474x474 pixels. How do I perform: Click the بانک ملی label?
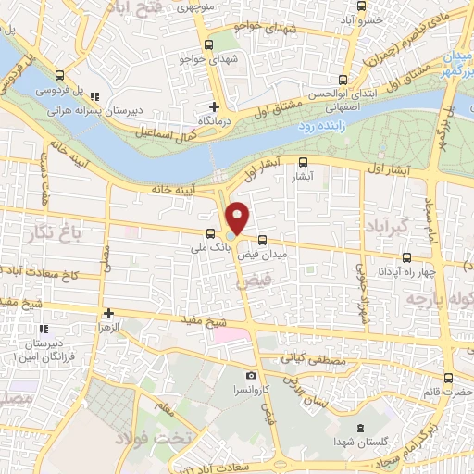point(208,247)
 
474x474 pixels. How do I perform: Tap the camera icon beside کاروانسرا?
point(252,375)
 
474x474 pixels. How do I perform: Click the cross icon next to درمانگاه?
point(215,106)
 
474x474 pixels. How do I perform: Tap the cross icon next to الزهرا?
point(110,313)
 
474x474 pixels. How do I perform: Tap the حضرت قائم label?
point(448,392)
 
